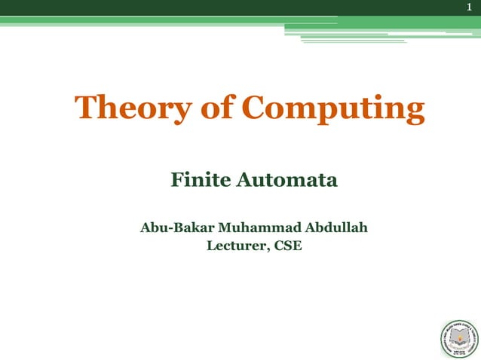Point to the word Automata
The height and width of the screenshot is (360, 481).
pyautogui.click(x=286, y=181)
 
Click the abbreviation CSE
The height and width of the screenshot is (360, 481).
pyautogui.click(x=287, y=244)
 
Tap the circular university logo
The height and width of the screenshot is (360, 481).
pyautogui.click(x=459, y=337)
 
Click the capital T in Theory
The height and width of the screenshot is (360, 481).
pyautogui.click(x=85, y=108)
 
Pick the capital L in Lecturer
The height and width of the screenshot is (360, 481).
pyautogui.click(x=210, y=244)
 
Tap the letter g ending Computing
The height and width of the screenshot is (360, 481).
pyautogui.click(x=413, y=113)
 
